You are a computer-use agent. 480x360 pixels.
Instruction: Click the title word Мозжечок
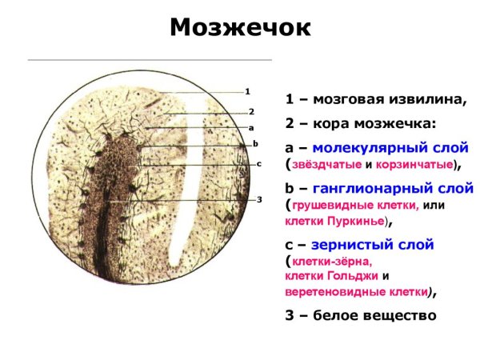point(239,27)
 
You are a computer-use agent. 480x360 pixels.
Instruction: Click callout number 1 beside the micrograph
point(248,90)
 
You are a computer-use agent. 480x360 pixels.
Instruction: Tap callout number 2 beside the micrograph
point(250,111)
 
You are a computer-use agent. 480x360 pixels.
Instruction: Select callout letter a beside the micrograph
point(250,127)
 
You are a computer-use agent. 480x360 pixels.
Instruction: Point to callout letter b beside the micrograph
point(254,143)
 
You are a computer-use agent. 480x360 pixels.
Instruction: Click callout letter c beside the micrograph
point(259,163)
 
